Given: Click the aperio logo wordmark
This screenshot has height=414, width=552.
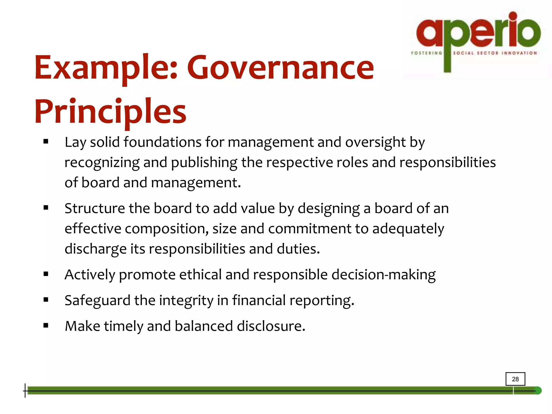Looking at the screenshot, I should point(478,32).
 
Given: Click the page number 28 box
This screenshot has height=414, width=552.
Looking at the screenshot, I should point(515,379).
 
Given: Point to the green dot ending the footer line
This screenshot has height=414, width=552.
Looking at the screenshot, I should point(537,391).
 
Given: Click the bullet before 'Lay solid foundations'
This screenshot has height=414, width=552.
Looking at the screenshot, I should point(46,142).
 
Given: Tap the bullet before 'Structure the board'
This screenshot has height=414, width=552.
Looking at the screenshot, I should point(46,208).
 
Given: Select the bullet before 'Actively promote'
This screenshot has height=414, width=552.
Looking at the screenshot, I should point(46,274).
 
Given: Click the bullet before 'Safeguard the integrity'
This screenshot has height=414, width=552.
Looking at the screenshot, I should point(46,300).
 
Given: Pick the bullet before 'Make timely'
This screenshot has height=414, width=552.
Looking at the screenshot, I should point(46,326).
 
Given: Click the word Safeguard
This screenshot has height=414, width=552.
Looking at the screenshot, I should point(97,300).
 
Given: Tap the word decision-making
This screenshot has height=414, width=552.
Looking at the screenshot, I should point(383,275).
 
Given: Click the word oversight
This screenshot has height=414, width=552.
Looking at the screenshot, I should point(375,142).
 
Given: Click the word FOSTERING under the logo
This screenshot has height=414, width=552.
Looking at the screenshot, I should point(426,53).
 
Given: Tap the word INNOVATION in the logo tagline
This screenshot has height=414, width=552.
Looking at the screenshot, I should point(519,53).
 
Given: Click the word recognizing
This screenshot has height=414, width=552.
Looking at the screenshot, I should point(102,163).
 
